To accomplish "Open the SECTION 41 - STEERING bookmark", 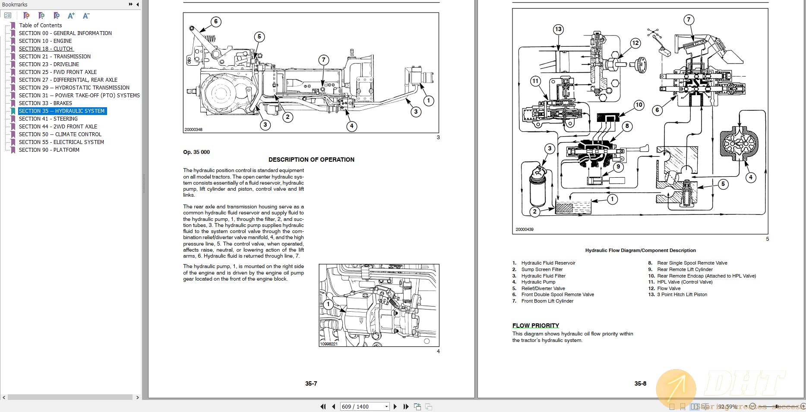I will (48, 119).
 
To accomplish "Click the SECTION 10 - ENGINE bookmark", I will (45, 41).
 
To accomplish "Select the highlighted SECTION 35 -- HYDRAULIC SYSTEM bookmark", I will (61, 111).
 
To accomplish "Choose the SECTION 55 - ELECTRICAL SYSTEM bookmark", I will (61, 142).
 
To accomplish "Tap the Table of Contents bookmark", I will (40, 26).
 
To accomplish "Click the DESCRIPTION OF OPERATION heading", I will (311, 160).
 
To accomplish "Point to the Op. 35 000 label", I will (196, 152).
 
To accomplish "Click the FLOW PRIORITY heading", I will (535, 326).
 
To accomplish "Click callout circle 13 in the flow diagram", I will (558, 29).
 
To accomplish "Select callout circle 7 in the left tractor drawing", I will (324, 60).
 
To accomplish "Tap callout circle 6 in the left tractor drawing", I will (216, 22).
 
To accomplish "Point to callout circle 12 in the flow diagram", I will (635, 43).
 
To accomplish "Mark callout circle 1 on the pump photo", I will (328, 304).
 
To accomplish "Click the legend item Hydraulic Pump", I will (538, 282).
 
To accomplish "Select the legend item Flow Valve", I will (668, 288).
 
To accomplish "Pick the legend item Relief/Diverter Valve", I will (543, 288).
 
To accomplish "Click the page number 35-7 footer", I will (311, 383).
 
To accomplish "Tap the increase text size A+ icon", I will (71, 16).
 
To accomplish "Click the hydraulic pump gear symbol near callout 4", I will (739, 143).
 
